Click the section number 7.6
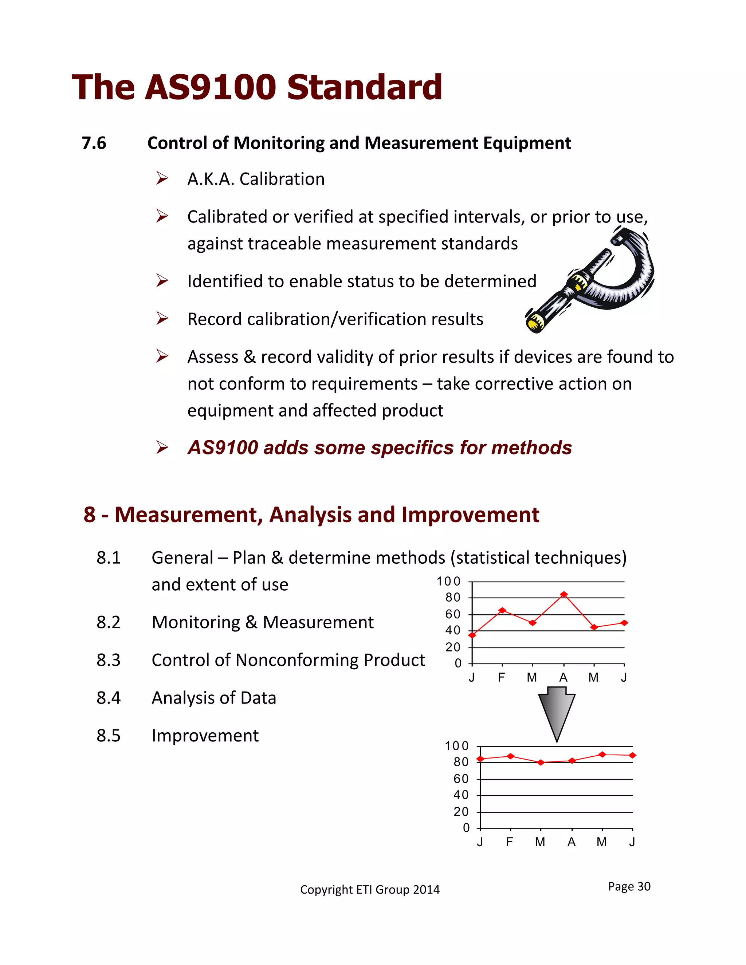(x=94, y=143)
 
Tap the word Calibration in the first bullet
(x=282, y=179)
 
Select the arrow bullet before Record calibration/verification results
(x=162, y=319)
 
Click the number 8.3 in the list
(x=108, y=660)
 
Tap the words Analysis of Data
(x=214, y=698)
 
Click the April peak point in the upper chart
(x=564, y=595)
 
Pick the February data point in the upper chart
(x=502, y=610)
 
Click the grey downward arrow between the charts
(x=557, y=712)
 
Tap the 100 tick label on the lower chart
(x=456, y=746)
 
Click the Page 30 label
(x=629, y=886)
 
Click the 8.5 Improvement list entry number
(x=108, y=736)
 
